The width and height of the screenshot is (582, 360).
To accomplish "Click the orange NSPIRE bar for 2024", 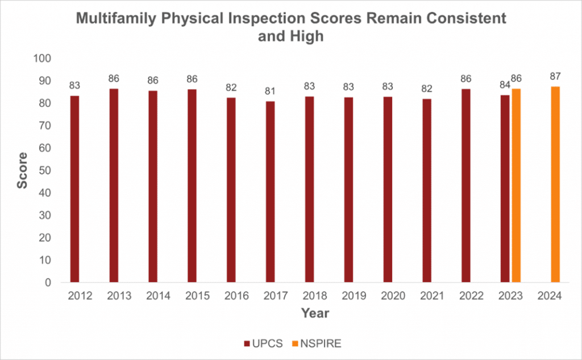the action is (x=555, y=184).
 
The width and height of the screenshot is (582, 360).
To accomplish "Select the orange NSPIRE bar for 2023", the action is (x=516, y=185).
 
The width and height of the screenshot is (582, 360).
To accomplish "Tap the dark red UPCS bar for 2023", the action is (x=505, y=189).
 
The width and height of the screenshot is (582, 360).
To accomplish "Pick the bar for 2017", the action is (x=270, y=192).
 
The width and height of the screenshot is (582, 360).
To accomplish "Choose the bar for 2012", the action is (x=74, y=189).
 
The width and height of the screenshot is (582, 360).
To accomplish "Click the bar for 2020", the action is (x=388, y=189).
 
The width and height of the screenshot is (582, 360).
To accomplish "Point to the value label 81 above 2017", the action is (x=270, y=92).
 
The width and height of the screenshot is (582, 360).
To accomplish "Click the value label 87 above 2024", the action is (x=555, y=77).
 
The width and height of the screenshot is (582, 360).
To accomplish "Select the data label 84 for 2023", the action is (x=505, y=85).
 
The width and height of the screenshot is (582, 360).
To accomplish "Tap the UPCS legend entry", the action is (x=264, y=344).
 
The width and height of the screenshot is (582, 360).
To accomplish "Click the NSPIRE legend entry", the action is (x=317, y=344).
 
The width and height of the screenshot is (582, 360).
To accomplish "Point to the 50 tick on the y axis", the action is (x=45, y=171).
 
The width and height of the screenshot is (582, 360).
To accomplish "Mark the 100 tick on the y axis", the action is (x=42, y=59).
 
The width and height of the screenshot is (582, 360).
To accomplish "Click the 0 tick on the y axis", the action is (x=48, y=282).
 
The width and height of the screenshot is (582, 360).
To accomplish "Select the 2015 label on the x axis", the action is (x=197, y=296).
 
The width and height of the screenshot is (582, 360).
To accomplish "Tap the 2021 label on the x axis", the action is (x=433, y=296).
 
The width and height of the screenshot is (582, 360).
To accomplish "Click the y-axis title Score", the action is (x=23, y=171).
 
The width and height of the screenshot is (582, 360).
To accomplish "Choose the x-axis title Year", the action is (x=315, y=313).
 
